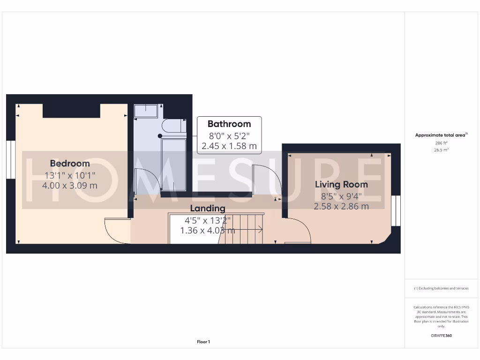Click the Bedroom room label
point(70,164)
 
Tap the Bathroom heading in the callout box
point(229,124)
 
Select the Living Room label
point(341,184)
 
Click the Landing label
point(208,208)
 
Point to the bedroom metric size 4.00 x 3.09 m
point(70,185)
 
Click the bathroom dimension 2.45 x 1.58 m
point(229,146)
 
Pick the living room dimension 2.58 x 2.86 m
point(341,206)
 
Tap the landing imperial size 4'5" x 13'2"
point(208,220)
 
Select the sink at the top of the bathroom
point(146,111)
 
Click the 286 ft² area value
point(441,142)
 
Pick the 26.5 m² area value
point(441,150)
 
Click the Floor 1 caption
point(203,342)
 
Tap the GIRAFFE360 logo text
point(441,336)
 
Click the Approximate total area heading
point(441,135)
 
